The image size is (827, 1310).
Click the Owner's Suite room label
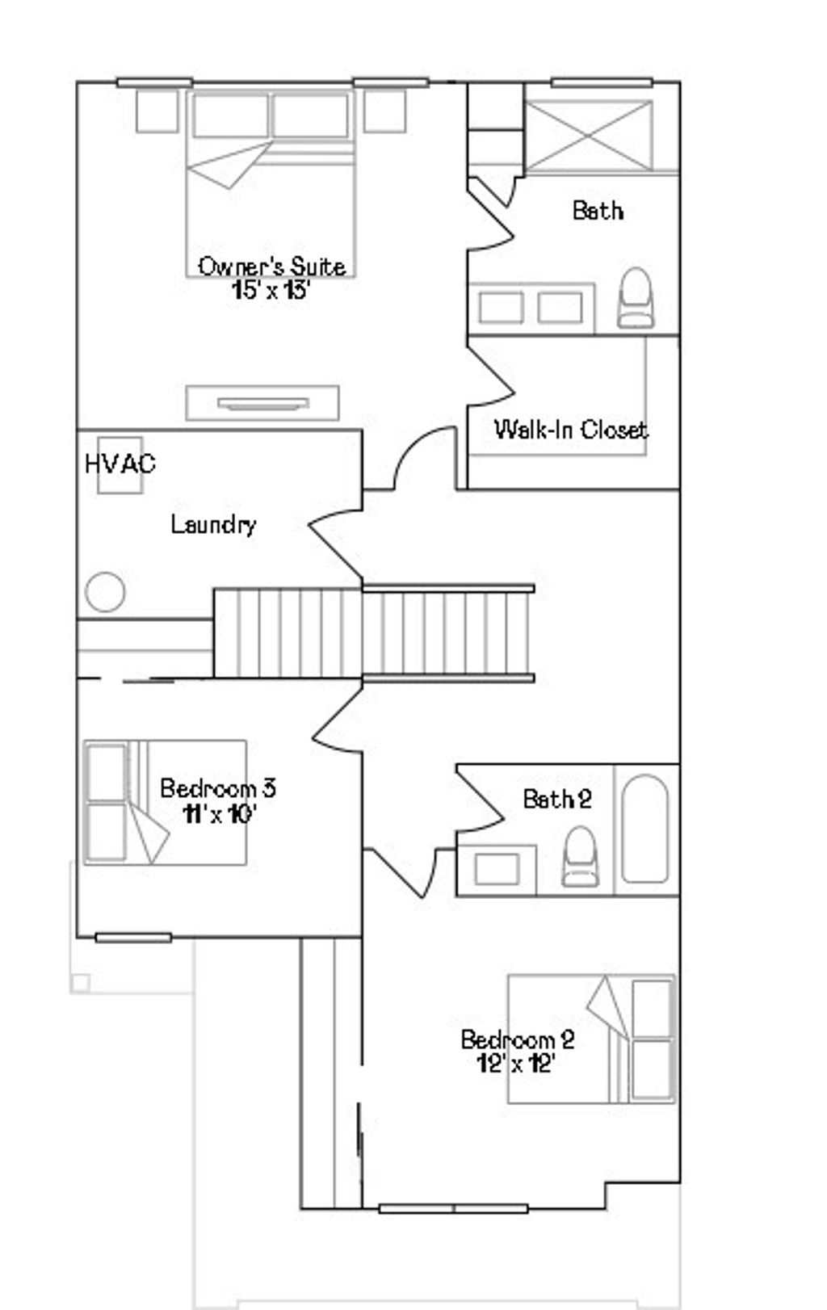click(x=272, y=266)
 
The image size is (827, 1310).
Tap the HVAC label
click(x=120, y=464)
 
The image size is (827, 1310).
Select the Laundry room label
click(x=213, y=525)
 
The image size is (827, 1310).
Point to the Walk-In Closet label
click(x=570, y=429)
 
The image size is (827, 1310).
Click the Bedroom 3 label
click(x=218, y=787)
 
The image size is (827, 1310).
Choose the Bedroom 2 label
click(x=517, y=1039)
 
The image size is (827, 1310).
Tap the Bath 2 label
click(x=557, y=800)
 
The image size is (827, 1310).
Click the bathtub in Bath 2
click(x=645, y=829)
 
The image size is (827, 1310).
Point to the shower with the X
click(x=588, y=136)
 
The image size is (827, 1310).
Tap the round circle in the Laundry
click(x=105, y=592)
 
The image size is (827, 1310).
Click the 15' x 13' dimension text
click(x=271, y=291)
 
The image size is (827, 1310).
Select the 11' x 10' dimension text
click(x=219, y=814)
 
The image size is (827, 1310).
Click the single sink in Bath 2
click(x=497, y=869)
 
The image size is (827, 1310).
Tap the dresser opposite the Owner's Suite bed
click(x=262, y=402)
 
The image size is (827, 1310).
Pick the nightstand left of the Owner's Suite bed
click(x=157, y=111)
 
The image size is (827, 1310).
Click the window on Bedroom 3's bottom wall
click(x=133, y=938)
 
